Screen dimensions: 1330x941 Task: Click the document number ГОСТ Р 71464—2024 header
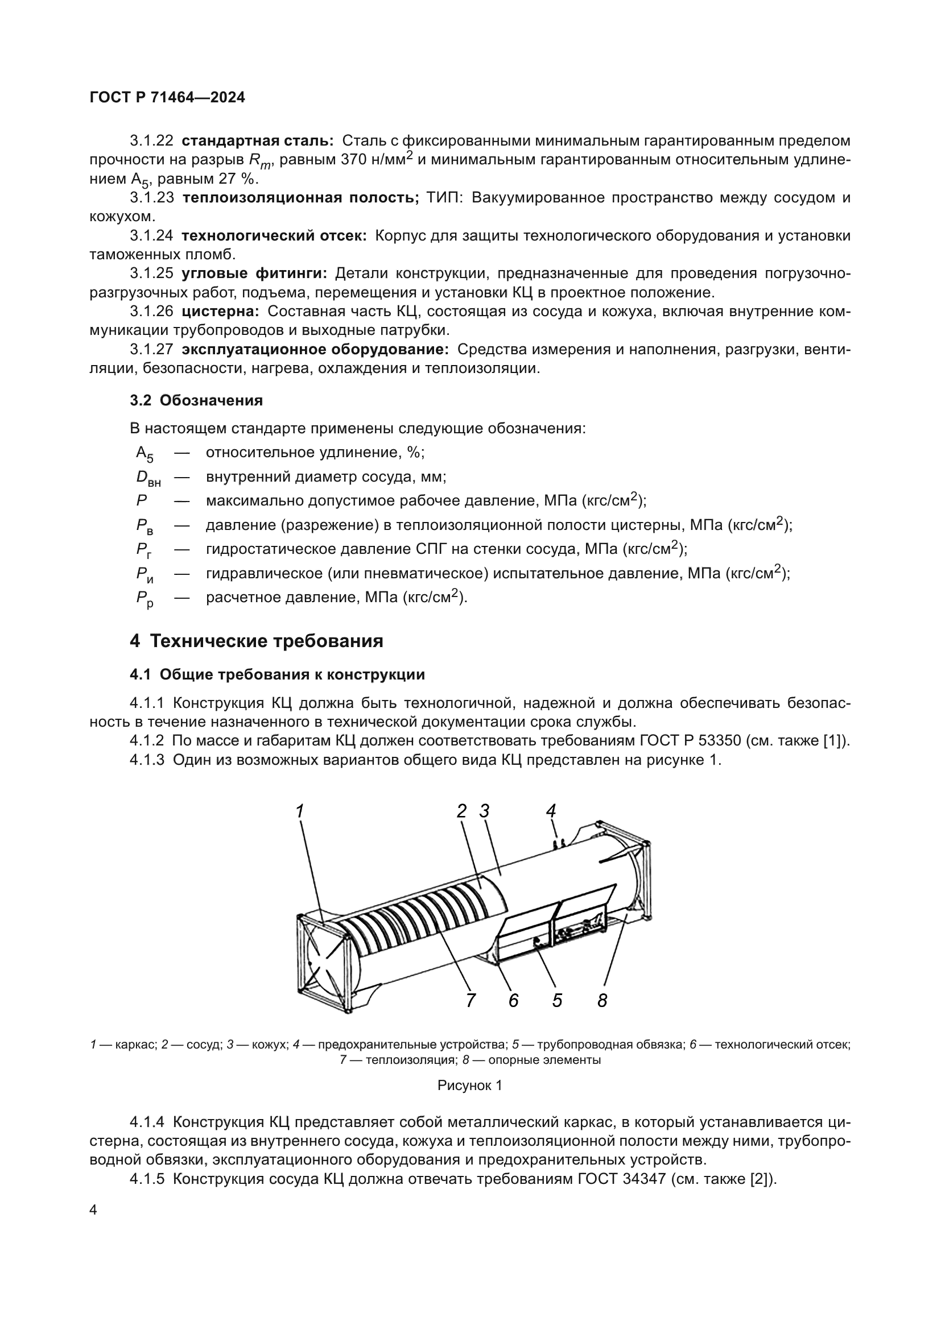[x=167, y=98]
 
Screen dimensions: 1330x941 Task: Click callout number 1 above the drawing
[x=300, y=811]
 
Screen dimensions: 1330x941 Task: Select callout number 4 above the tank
[x=551, y=811]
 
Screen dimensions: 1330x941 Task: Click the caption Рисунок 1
[x=469, y=1085]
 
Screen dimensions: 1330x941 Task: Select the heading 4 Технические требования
[x=256, y=641]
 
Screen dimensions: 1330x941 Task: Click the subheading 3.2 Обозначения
[x=196, y=400]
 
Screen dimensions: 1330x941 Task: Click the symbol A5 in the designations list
[x=145, y=454]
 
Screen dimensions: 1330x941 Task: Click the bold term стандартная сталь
[x=257, y=141]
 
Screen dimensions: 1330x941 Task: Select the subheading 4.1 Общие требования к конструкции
[x=278, y=675]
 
